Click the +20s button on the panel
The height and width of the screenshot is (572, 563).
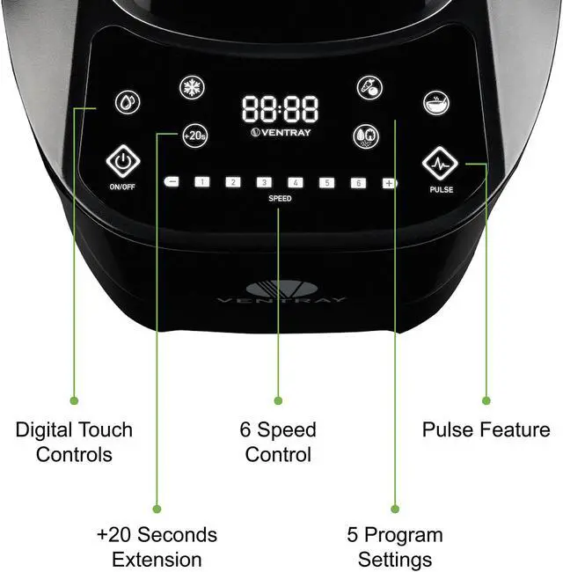click(194, 136)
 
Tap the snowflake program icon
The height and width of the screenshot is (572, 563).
click(191, 87)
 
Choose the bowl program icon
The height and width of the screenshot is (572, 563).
click(435, 102)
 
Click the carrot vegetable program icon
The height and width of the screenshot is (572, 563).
click(369, 87)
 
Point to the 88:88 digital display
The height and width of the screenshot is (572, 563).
click(281, 110)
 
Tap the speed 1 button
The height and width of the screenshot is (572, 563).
click(202, 182)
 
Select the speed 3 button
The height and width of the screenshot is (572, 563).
click(264, 182)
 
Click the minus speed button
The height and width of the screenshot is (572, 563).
click(172, 182)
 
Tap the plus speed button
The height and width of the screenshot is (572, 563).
click(389, 183)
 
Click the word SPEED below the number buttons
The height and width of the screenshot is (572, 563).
click(280, 199)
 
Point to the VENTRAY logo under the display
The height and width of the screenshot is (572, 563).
click(281, 134)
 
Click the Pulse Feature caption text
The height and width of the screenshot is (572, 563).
click(486, 430)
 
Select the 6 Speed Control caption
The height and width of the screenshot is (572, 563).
click(278, 443)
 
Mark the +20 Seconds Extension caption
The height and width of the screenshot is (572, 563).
click(157, 546)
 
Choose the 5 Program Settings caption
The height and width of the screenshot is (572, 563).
click(395, 546)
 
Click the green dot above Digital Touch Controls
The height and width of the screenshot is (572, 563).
click(74, 400)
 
